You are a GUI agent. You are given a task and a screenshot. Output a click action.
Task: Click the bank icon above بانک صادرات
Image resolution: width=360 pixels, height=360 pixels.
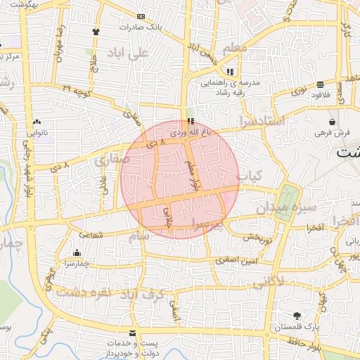click(x=141, y=16)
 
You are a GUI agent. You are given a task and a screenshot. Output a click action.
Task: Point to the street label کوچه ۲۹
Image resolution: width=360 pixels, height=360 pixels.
click(x=75, y=89)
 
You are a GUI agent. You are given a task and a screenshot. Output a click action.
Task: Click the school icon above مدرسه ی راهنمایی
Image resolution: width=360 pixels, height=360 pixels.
click(x=230, y=72)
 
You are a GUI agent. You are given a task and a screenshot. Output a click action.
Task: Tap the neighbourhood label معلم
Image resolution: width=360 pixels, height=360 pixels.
click(x=235, y=49)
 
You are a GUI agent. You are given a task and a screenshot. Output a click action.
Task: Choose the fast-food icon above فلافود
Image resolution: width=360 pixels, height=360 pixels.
click(x=321, y=84)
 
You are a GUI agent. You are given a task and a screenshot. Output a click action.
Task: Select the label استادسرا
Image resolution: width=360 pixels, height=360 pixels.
click(x=262, y=121)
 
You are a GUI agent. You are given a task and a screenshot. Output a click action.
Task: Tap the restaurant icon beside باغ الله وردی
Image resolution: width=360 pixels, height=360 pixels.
click(x=191, y=121)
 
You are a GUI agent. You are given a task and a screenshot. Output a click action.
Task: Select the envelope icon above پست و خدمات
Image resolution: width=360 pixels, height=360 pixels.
click(x=132, y=333)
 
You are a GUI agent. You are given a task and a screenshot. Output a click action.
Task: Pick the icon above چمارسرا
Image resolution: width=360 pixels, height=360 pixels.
click(x=77, y=253)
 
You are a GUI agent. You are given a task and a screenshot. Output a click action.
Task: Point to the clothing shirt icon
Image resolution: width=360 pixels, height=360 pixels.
click(x=96, y=32)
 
